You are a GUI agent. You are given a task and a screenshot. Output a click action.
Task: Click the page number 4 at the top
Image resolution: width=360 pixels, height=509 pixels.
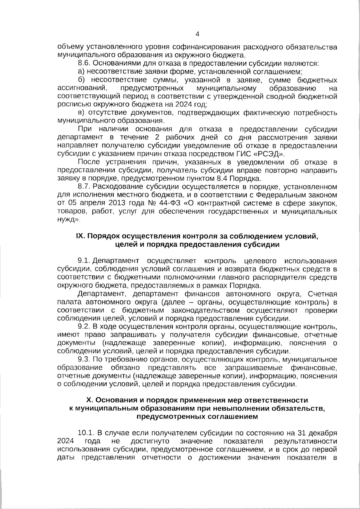[197, 34]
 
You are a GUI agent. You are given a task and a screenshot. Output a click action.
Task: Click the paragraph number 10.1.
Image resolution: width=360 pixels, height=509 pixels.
[86, 433]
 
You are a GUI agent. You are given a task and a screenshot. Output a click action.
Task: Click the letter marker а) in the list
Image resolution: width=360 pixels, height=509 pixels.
[82, 72]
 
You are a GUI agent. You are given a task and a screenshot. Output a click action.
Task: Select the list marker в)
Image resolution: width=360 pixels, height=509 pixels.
[82, 113]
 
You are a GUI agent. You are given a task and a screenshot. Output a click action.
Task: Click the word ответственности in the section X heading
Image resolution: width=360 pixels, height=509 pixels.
[277, 400]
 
